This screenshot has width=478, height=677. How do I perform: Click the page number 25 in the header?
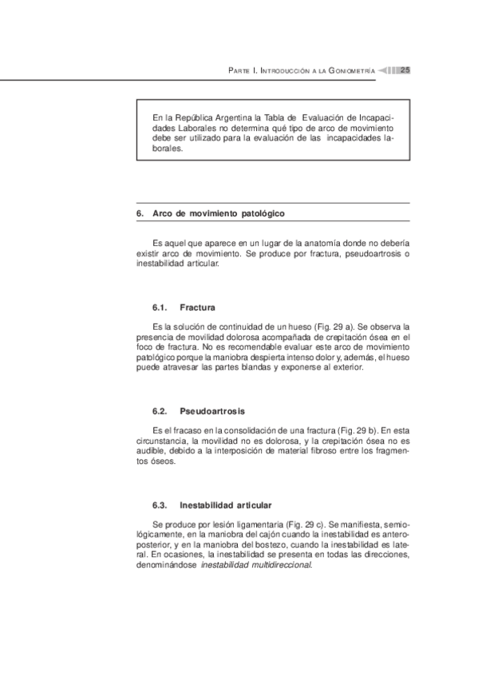(x=405, y=71)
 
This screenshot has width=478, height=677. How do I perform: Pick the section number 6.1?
(x=158, y=307)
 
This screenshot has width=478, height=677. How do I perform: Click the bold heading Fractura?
(x=197, y=307)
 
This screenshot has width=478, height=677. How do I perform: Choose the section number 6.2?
(x=158, y=411)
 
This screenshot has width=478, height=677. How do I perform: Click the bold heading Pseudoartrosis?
(x=211, y=411)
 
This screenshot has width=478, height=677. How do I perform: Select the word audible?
(x=152, y=452)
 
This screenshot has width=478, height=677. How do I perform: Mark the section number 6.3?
(x=158, y=505)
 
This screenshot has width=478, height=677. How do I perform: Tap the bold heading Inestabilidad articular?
(x=225, y=505)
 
